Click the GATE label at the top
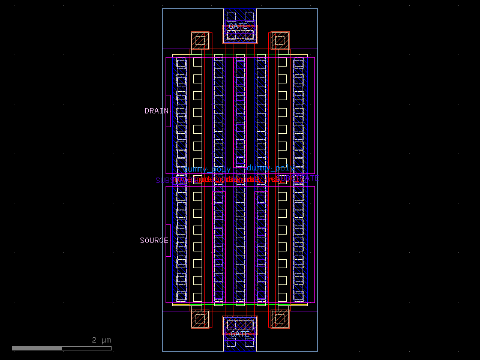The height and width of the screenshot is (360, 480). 238,26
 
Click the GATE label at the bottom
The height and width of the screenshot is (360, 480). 240,334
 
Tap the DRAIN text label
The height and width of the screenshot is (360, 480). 156,111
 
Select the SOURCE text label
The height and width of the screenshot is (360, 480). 154,241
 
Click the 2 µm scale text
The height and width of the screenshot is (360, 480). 101,340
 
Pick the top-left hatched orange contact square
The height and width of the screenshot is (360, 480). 200,41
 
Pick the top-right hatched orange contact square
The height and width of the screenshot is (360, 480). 280,41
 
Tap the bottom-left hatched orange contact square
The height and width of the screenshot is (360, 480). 200,319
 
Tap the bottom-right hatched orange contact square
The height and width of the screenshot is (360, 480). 280,319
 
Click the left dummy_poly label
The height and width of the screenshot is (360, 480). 206,169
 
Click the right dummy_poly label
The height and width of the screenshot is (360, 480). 270,169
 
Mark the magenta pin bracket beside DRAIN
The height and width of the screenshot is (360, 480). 169,111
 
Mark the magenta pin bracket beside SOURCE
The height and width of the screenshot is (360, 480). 169,241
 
